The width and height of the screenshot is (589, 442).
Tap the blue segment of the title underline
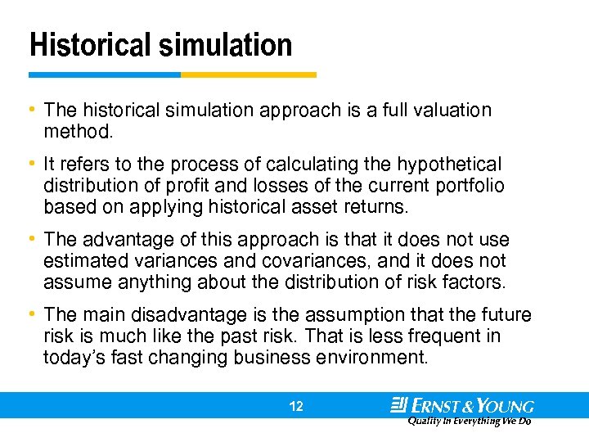[x=104, y=74]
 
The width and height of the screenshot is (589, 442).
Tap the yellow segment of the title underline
[x=248, y=74]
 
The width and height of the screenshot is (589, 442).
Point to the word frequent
[x=421, y=336]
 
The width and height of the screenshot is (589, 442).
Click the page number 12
[x=296, y=405]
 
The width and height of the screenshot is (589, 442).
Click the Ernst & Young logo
[x=462, y=404]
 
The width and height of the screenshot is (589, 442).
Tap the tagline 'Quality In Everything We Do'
[x=470, y=421]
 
